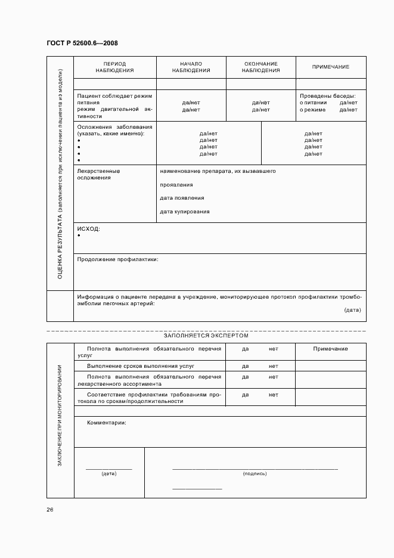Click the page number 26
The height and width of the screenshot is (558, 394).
(x=50, y=510)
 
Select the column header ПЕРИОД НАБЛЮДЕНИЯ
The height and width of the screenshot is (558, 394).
(x=114, y=67)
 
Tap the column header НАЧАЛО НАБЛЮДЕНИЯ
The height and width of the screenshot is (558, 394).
(x=191, y=67)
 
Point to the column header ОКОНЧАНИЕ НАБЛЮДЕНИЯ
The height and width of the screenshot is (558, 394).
(x=260, y=67)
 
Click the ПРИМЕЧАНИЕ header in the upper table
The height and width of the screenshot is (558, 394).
(x=331, y=67)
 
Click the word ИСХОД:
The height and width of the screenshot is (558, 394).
(x=88, y=228)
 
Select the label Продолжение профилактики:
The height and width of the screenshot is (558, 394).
(x=117, y=259)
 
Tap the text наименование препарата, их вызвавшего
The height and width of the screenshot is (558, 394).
(x=217, y=171)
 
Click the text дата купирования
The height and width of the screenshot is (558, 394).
(x=184, y=212)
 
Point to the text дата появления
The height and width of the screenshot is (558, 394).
(x=182, y=198)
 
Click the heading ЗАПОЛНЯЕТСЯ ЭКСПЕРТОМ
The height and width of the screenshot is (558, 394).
(x=206, y=336)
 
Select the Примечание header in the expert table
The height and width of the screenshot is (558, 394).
(x=330, y=349)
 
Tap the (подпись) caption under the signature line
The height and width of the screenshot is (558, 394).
(x=255, y=473)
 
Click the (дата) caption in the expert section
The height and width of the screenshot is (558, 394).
(x=108, y=473)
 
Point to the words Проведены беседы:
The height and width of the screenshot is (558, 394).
(x=327, y=95)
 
